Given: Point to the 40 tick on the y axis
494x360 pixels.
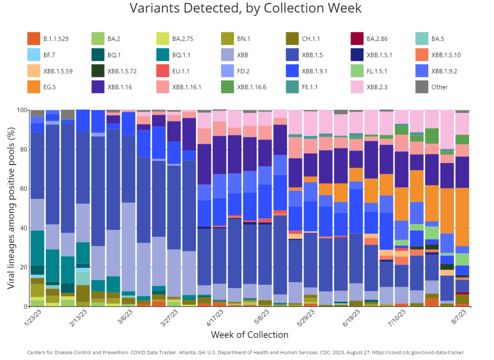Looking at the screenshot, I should [x=21, y=228].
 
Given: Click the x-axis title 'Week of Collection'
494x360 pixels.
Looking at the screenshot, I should [x=249, y=334].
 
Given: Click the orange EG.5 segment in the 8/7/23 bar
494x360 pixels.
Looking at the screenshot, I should [x=463, y=217].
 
